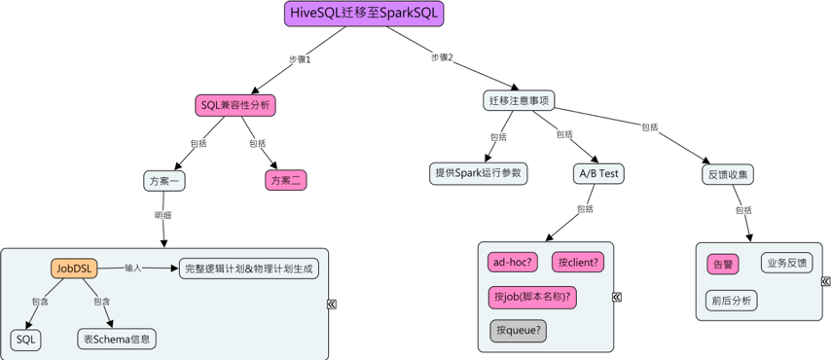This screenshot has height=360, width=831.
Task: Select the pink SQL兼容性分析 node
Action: tap(235, 105)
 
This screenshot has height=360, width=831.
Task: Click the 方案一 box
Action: tap(165, 180)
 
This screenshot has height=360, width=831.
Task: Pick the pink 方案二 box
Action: tap(286, 180)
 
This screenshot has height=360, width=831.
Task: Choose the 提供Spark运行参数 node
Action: tap(478, 172)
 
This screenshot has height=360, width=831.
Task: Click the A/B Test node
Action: tap(598, 173)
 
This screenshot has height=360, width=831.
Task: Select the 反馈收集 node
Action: tap(727, 174)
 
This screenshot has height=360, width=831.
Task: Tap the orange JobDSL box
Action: tap(74, 268)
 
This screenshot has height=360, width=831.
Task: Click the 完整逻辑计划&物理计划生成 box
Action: tap(249, 268)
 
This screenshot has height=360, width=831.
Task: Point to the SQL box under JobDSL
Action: tap(26, 339)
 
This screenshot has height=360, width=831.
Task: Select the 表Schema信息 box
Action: tap(117, 339)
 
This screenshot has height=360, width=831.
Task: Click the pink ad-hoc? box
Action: tap(515, 262)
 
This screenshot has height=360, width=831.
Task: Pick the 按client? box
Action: tap(578, 262)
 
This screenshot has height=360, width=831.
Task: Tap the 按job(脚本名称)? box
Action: tap(532, 296)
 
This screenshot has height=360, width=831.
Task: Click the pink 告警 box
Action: tap(723, 264)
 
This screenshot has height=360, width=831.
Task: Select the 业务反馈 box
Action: tap(786, 263)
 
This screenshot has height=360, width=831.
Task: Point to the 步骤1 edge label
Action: tap(299, 59)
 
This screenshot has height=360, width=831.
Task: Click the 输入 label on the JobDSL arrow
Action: tap(133, 267)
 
